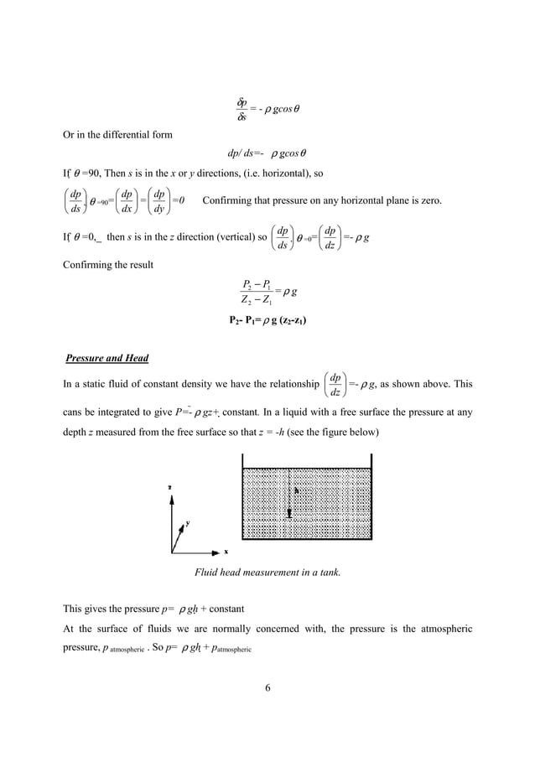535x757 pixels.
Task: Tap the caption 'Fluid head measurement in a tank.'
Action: point(267,573)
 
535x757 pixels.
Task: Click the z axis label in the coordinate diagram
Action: point(170,486)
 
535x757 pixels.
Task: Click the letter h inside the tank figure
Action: point(295,492)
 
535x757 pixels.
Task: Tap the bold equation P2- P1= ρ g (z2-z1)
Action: point(267,319)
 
